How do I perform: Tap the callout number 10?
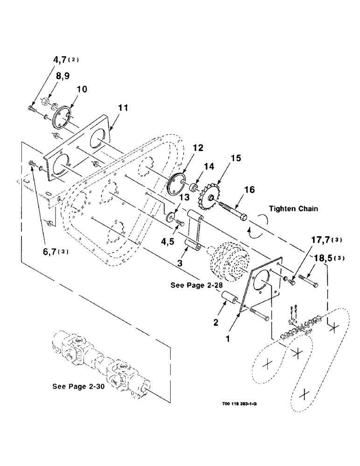tap(82, 89)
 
